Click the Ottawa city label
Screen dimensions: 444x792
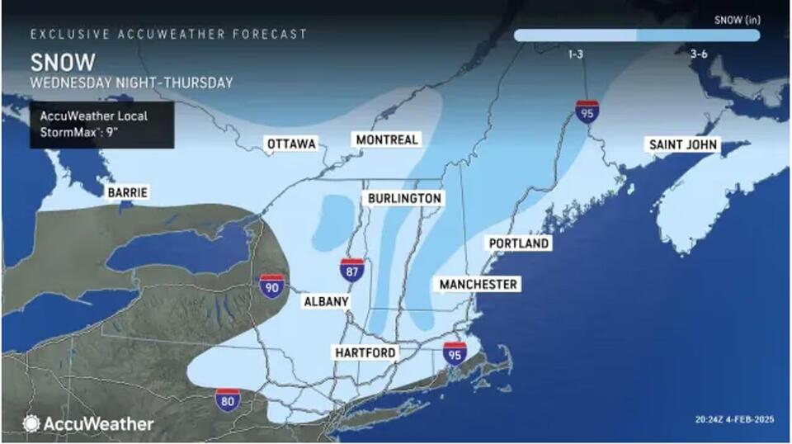(x=291, y=144)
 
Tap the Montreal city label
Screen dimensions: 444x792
(x=387, y=139)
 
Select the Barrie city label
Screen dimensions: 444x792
(x=127, y=192)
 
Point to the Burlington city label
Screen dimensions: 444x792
(x=404, y=199)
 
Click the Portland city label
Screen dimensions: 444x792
(x=518, y=244)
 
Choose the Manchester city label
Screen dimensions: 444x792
(x=478, y=285)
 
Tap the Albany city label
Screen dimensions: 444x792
(x=326, y=302)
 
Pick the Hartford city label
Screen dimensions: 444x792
(x=365, y=352)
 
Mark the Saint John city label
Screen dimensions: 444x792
(x=684, y=145)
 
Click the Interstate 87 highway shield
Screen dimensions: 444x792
(x=352, y=270)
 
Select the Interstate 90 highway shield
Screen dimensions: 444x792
(x=271, y=286)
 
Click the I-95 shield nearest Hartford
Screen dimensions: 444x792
(x=455, y=353)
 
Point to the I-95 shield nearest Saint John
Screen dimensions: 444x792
(x=587, y=111)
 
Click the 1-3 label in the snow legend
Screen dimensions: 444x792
(x=576, y=54)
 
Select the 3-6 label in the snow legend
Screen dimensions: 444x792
(x=698, y=54)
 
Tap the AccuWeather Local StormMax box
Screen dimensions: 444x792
(x=101, y=125)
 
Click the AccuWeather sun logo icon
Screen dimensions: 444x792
(x=31, y=423)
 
